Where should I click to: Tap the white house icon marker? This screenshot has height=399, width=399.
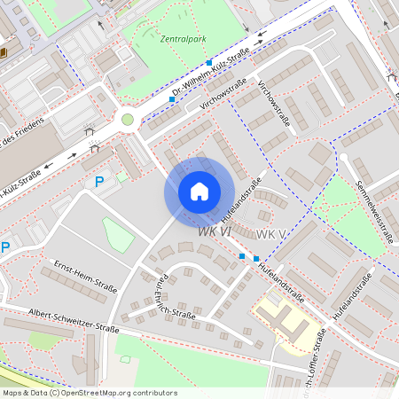(x=199, y=192)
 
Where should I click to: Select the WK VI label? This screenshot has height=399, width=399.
(x=215, y=231)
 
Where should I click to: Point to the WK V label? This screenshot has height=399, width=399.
(x=270, y=233)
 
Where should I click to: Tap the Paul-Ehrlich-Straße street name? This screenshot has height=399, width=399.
(x=169, y=300)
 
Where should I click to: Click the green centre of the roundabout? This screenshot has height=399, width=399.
(x=128, y=120)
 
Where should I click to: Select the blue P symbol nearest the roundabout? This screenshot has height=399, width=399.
(x=100, y=182)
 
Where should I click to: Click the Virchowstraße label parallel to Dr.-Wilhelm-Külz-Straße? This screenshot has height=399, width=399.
(x=223, y=93)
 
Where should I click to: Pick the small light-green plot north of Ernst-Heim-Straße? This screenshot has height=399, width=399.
(x=118, y=235)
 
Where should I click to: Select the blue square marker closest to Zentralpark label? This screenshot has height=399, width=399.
(x=209, y=63)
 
